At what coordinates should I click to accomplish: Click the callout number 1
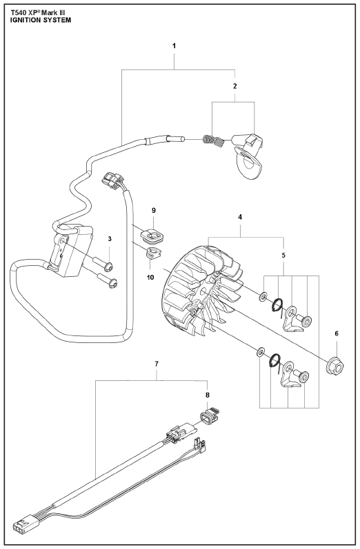click(x=174, y=46)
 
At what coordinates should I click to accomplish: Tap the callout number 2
click(x=235, y=86)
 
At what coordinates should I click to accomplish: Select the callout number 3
click(x=110, y=239)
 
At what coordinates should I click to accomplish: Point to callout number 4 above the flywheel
click(x=240, y=217)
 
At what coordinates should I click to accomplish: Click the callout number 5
click(x=283, y=256)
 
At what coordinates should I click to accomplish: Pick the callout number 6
click(x=337, y=333)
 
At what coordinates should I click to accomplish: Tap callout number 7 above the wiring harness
click(x=157, y=364)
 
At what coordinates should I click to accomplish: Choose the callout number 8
click(x=208, y=395)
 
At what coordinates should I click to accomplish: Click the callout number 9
click(x=154, y=210)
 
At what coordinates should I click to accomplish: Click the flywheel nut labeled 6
click(x=335, y=366)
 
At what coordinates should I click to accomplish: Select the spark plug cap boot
click(x=249, y=156)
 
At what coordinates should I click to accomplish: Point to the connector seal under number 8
click(x=209, y=415)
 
